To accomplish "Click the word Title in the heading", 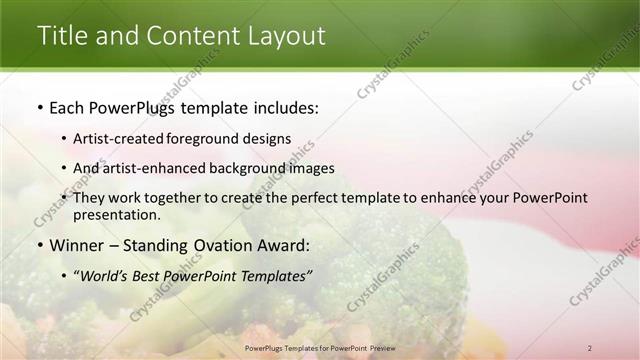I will tap(61, 35).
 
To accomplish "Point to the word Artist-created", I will tap(124, 138).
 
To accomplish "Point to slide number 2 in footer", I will tap(590, 348).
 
